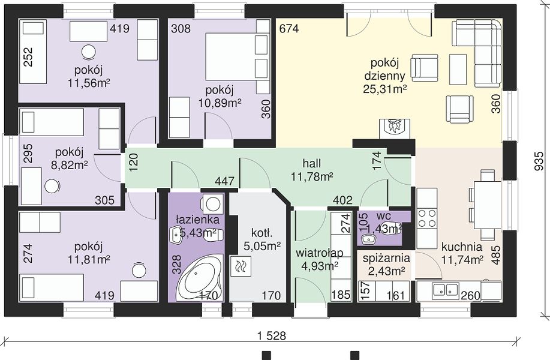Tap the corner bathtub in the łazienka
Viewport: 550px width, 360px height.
pos(200,278)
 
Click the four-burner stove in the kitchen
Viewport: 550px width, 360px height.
pos(427,218)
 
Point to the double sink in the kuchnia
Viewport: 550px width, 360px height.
pos(446,290)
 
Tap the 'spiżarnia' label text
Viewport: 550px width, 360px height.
pos(386,258)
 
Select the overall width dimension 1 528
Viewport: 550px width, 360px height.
pos(272,336)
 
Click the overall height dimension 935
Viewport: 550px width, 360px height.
pos(539,161)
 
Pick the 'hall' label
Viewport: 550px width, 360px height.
pos(312,164)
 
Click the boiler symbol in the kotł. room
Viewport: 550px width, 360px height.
pos(241,266)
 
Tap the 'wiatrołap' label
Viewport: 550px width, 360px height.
pos(319,253)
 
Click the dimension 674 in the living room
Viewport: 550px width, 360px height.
pos(289,28)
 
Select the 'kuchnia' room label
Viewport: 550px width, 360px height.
pos(462,247)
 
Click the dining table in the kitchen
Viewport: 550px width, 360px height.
pos(487,205)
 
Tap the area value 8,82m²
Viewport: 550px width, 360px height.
pos(70,165)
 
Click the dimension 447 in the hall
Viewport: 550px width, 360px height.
pos(225,181)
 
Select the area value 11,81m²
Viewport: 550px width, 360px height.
pos(89,260)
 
